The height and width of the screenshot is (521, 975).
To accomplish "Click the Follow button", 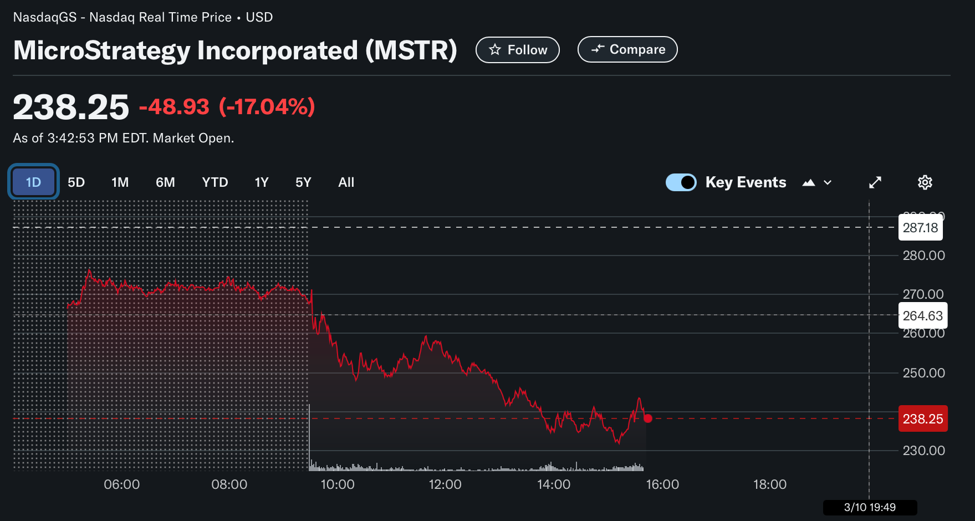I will click(x=518, y=50).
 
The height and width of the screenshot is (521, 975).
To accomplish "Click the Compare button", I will click(x=627, y=49).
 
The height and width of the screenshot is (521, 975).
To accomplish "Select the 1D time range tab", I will click(x=33, y=182).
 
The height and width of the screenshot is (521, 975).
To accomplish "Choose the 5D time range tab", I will click(x=76, y=182).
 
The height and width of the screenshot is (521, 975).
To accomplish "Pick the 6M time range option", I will click(x=165, y=182).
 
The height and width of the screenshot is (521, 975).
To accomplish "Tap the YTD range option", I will click(x=215, y=182).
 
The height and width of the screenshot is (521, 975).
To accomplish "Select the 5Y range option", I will click(x=303, y=182).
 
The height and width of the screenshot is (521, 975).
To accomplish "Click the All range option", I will click(x=346, y=182).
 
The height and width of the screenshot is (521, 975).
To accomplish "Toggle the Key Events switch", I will click(x=681, y=182).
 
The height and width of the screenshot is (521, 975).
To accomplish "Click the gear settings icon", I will click(x=925, y=182).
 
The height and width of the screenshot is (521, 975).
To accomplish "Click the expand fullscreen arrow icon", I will click(x=875, y=182).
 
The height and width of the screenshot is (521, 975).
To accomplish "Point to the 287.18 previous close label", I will click(x=920, y=228).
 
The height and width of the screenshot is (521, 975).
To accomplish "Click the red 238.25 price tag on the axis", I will click(x=922, y=419).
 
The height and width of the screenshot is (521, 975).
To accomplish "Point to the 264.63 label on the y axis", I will click(x=922, y=316).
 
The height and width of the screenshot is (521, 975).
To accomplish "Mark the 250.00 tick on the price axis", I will click(x=923, y=373).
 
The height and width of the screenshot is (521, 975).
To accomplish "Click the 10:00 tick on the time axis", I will click(x=338, y=484).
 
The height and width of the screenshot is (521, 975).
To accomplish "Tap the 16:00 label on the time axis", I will click(x=662, y=484).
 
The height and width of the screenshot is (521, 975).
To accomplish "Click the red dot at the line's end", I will click(x=648, y=418).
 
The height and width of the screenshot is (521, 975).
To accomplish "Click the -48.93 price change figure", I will click(x=174, y=106).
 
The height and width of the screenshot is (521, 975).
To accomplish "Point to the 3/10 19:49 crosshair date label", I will click(x=870, y=507).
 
